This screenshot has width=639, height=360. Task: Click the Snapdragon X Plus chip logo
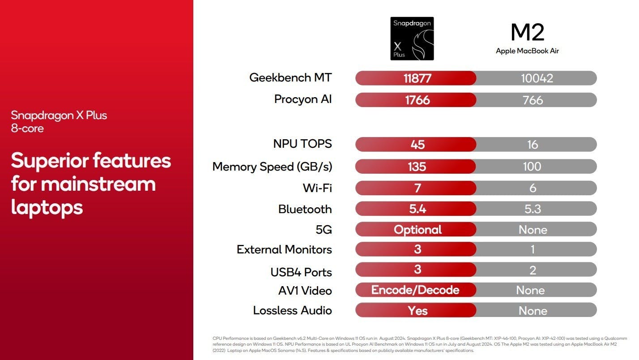point(412,39)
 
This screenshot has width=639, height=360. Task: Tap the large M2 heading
point(527,32)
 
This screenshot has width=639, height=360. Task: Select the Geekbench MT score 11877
point(417,78)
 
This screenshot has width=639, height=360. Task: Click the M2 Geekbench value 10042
point(537,78)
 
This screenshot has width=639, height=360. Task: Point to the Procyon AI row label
point(303,99)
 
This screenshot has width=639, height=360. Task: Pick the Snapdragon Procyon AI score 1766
point(417,100)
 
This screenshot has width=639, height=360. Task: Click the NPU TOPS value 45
point(417,145)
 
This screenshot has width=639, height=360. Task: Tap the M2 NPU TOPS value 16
point(532,145)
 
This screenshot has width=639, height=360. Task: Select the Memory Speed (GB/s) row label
point(273,167)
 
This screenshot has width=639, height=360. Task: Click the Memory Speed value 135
point(417,167)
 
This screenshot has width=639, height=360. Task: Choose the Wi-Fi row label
point(318,188)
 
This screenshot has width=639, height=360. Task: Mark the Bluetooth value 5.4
point(417,209)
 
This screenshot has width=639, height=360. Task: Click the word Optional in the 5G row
point(417,230)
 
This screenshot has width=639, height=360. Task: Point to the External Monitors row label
point(285,249)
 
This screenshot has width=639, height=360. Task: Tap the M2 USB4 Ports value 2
point(532,270)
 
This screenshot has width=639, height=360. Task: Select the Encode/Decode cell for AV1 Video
point(415,290)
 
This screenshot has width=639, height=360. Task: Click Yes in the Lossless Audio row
point(417,311)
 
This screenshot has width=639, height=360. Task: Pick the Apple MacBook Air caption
point(527,51)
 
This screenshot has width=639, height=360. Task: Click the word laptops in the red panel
point(47,208)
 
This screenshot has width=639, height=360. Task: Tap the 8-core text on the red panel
point(27,129)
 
